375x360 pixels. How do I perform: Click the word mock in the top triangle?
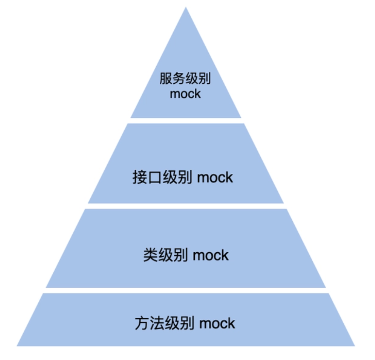click(x=185, y=94)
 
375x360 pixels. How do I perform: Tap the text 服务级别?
click(x=185, y=79)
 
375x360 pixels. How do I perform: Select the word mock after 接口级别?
click(x=215, y=177)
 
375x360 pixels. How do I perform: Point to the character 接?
click(x=139, y=177)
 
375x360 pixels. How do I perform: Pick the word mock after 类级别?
click(x=211, y=255)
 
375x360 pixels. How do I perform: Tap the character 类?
click(x=150, y=255)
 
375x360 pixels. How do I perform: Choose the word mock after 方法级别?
click(x=217, y=323)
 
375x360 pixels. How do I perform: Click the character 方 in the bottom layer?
click(x=142, y=323)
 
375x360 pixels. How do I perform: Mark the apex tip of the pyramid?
click(x=185, y=8)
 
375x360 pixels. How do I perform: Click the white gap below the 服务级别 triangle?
click(x=185, y=121)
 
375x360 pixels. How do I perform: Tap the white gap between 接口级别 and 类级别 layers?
click(x=185, y=206)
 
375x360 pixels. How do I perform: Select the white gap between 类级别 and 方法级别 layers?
click(x=185, y=290)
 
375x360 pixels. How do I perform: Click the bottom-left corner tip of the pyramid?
click(x=18, y=345)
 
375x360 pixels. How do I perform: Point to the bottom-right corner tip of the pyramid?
click(x=354, y=345)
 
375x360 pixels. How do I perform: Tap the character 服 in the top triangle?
click(x=166, y=79)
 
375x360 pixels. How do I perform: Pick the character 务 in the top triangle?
click(x=178, y=79)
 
